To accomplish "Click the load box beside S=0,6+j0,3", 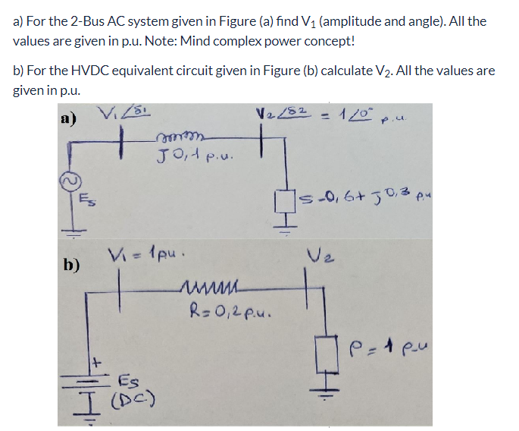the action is click(x=286, y=202).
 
